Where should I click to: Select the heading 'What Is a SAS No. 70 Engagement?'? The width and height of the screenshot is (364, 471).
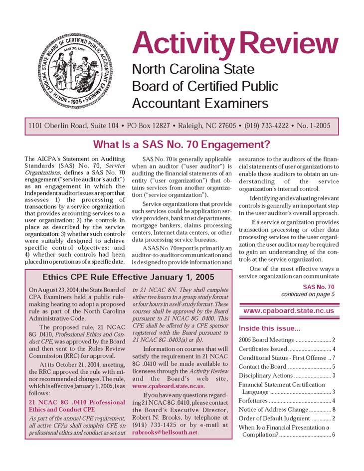[x=182, y=145]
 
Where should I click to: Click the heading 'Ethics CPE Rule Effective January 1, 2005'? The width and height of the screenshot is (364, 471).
[x=129, y=277]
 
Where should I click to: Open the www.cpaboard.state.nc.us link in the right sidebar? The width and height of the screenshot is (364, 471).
[x=289, y=311]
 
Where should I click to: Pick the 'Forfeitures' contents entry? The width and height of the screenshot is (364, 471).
[x=253, y=401]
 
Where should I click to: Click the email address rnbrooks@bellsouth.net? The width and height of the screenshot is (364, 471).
[x=165, y=432]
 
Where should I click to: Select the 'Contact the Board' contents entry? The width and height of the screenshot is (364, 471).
[x=262, y=367]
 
